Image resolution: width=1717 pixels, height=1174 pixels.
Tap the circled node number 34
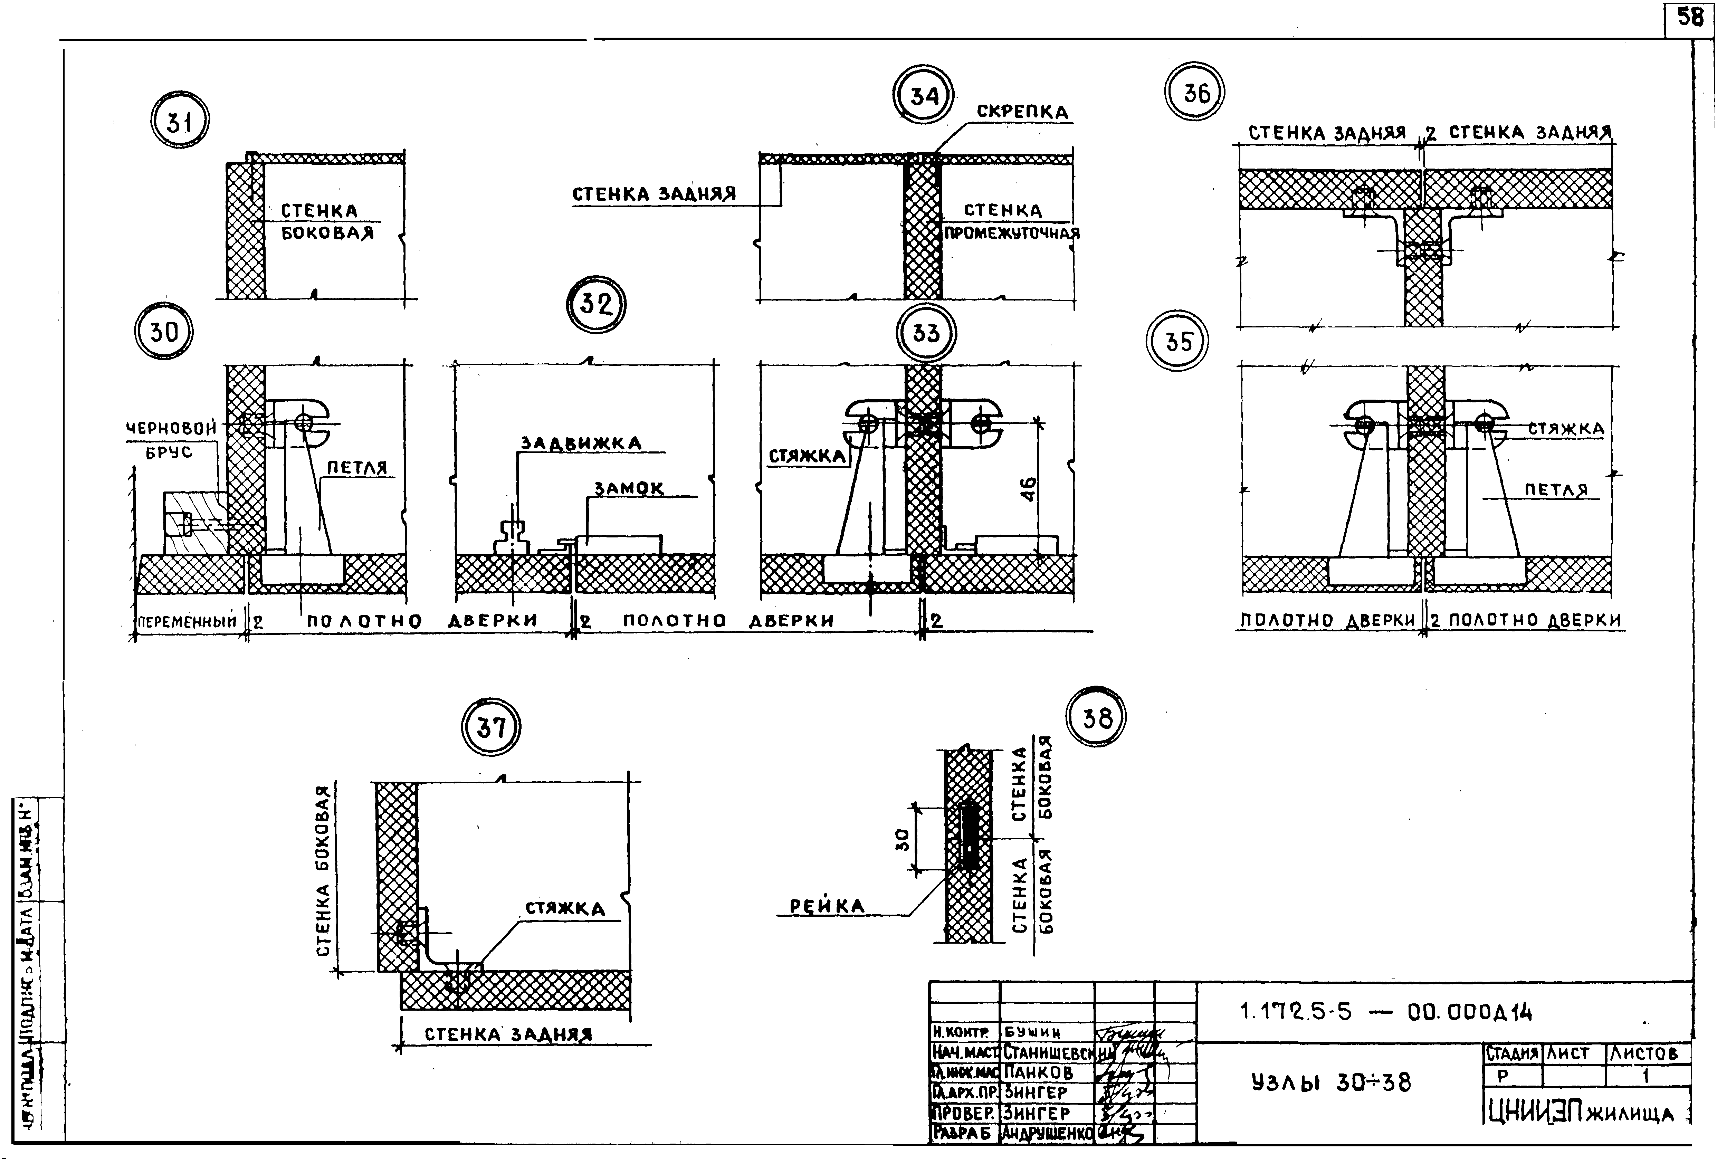pos(924,97)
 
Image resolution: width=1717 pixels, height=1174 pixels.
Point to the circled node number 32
pos(595,304)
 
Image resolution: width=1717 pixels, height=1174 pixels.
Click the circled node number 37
pos(490,728)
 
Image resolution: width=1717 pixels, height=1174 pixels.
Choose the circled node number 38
pos(1096,717)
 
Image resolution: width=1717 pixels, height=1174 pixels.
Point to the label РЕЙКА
pos(827,907)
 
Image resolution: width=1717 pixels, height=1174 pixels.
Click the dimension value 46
pos(1028,489)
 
